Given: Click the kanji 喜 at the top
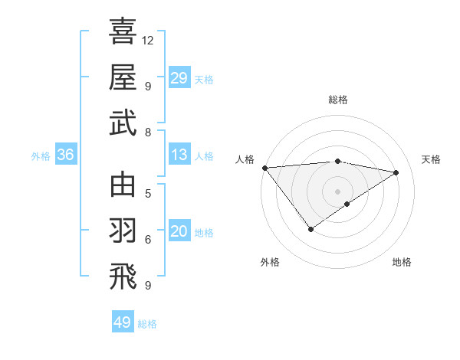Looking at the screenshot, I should [x=123, y=32].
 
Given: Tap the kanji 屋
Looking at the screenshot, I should [x=123, y=77].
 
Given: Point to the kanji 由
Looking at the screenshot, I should [x=123, y=185].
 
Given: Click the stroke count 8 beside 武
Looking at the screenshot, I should [x=148, y=133].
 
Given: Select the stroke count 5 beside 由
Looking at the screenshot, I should [x=148, y=192].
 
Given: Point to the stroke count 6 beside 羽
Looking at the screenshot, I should [x=148, y=240].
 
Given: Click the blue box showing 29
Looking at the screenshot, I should [x=179, y=78].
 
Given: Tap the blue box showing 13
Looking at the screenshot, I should [x=179, y=155].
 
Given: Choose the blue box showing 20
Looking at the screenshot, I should [x=179, y=232].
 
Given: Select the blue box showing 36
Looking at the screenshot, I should [x=65, y=155].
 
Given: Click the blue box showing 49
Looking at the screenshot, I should [x=122, y=322].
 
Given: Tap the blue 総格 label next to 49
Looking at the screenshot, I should [x=147, y=324].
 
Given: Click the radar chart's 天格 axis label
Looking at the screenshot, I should [x=431, y=159].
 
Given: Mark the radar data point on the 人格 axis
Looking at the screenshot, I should [x=264, y=168].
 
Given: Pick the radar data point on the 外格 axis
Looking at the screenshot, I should [x=310, y=229].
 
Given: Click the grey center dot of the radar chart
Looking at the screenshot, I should [x=337, y=191].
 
